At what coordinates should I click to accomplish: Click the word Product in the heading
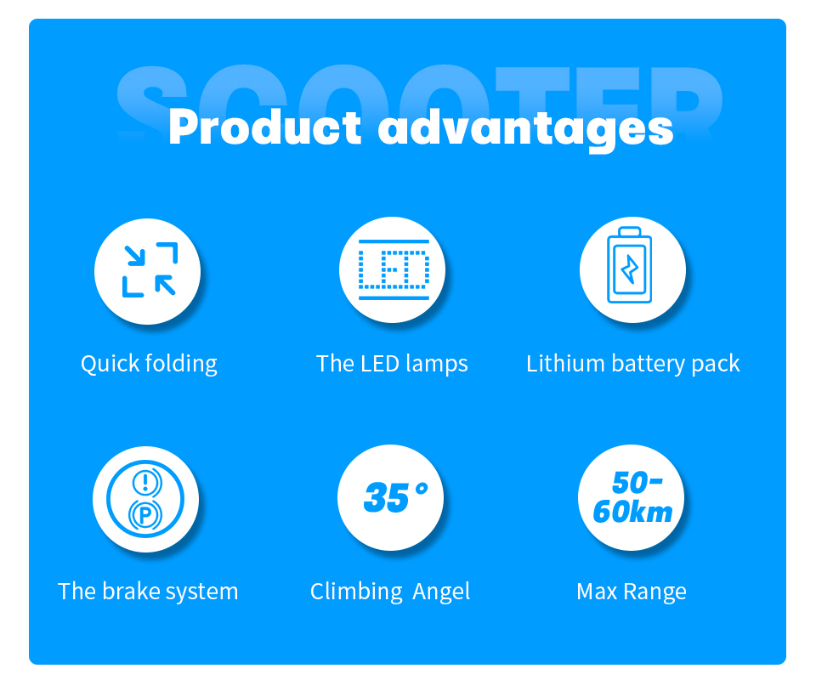tap(264, 128)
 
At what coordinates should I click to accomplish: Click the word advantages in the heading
tap(525, 130)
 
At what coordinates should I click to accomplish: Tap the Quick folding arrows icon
tap(149, 270)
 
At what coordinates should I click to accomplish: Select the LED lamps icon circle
tap(393, 270)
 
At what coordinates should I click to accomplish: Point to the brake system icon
tap(145, 499)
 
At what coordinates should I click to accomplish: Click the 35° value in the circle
tap(394, 497)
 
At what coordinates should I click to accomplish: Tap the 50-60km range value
tap(631, 498)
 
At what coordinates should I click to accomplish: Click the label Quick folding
tap(149, 364)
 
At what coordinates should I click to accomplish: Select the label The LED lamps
tap(392, 364)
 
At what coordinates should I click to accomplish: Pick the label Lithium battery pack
tap(632, 364)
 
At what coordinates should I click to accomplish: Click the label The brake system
tap(148, 592)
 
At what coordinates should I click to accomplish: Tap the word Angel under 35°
tap(441, 592)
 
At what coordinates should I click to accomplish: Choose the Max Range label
tap(631, 592)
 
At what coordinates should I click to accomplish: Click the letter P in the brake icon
tap(145, 515)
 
